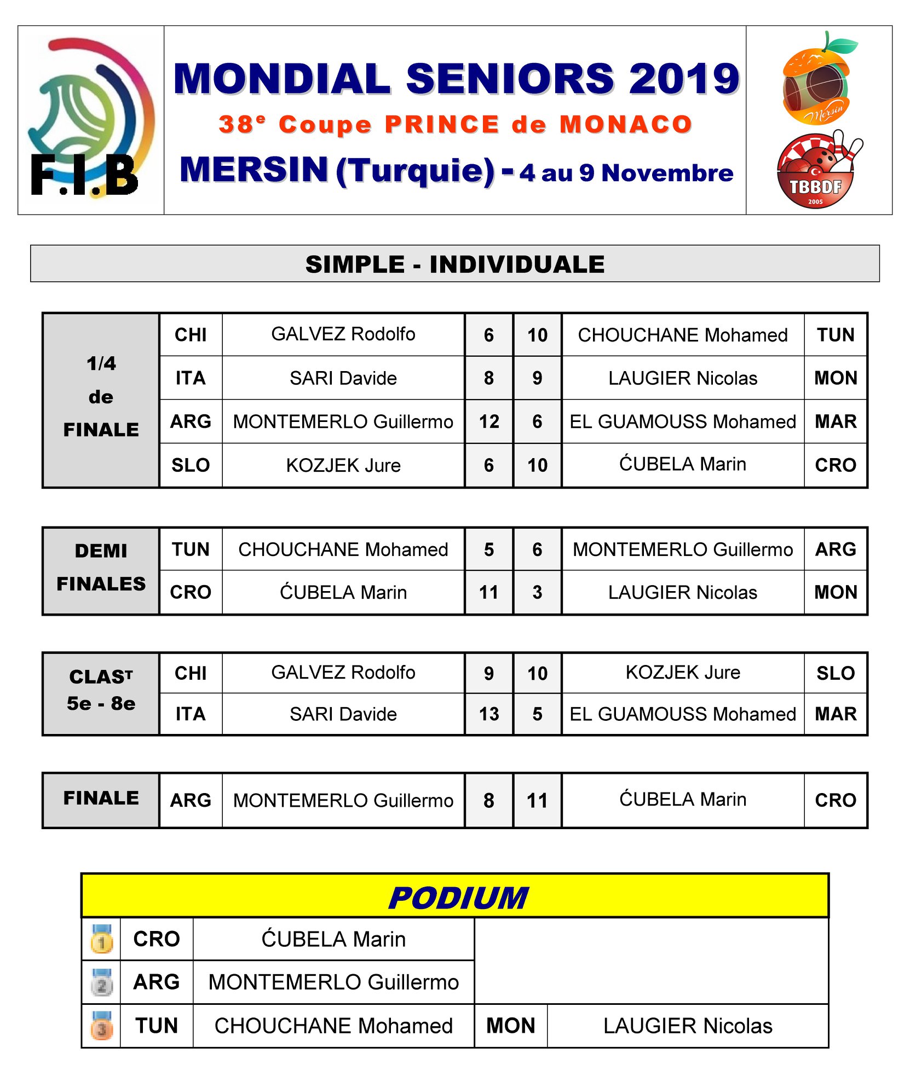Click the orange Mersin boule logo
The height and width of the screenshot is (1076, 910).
coord(818,78)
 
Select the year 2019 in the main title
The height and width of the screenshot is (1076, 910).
coord(684,78)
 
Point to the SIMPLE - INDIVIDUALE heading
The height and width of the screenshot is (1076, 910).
coord(454,264)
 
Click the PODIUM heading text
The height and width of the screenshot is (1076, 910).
coord(458,898)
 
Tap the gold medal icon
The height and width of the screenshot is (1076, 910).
coord(102,939)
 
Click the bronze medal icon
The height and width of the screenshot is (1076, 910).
coord(102,1026)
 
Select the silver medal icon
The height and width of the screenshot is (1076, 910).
coord(102,982)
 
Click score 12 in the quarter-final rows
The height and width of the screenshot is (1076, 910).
coord(489,421)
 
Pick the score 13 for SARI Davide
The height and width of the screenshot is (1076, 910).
coord(489,714)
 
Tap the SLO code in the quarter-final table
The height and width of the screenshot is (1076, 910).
coord(191,465)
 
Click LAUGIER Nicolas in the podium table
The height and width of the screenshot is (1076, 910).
coord(687,1026)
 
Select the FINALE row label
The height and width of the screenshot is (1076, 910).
coord(101,799)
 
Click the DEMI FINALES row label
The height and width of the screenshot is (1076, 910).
coord(101,568)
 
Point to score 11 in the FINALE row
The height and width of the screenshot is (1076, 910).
coord(537,801)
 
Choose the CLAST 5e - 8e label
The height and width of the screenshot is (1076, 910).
coord(101,690)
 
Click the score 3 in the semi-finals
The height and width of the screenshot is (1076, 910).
coord(537,592)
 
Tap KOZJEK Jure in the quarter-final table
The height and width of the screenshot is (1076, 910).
coord(343,465)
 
